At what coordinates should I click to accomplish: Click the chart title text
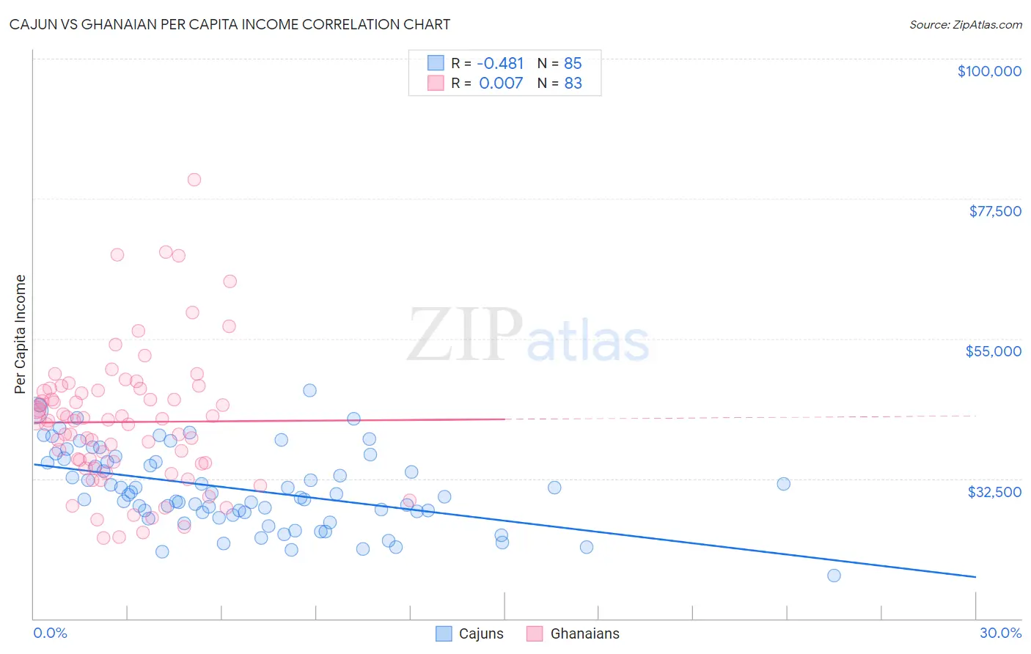(230, 24)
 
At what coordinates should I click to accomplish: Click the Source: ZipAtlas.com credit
(965, 24)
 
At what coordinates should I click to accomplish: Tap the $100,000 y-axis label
(989, 71)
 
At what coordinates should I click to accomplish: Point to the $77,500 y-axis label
(994, 211)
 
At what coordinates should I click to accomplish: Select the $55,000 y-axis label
(993, 351)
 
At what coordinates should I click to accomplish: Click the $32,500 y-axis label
(994, 492)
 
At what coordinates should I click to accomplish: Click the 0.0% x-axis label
(50, 633)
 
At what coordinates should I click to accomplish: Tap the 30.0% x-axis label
(1000, 633)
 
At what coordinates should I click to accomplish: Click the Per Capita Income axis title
(21, 334)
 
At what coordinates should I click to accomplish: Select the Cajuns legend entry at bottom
(469, 633)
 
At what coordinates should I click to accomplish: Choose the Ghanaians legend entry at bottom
(573, 633)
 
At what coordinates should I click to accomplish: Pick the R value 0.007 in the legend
(501, 84)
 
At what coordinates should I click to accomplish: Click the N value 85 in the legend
(573, 64)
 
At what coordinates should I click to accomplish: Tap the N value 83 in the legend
(573, 84)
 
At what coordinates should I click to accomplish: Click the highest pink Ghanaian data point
(194, 180)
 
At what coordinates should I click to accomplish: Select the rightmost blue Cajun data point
(834, 576)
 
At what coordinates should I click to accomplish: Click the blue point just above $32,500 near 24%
(783, 484)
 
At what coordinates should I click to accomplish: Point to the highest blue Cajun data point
(309, 390)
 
